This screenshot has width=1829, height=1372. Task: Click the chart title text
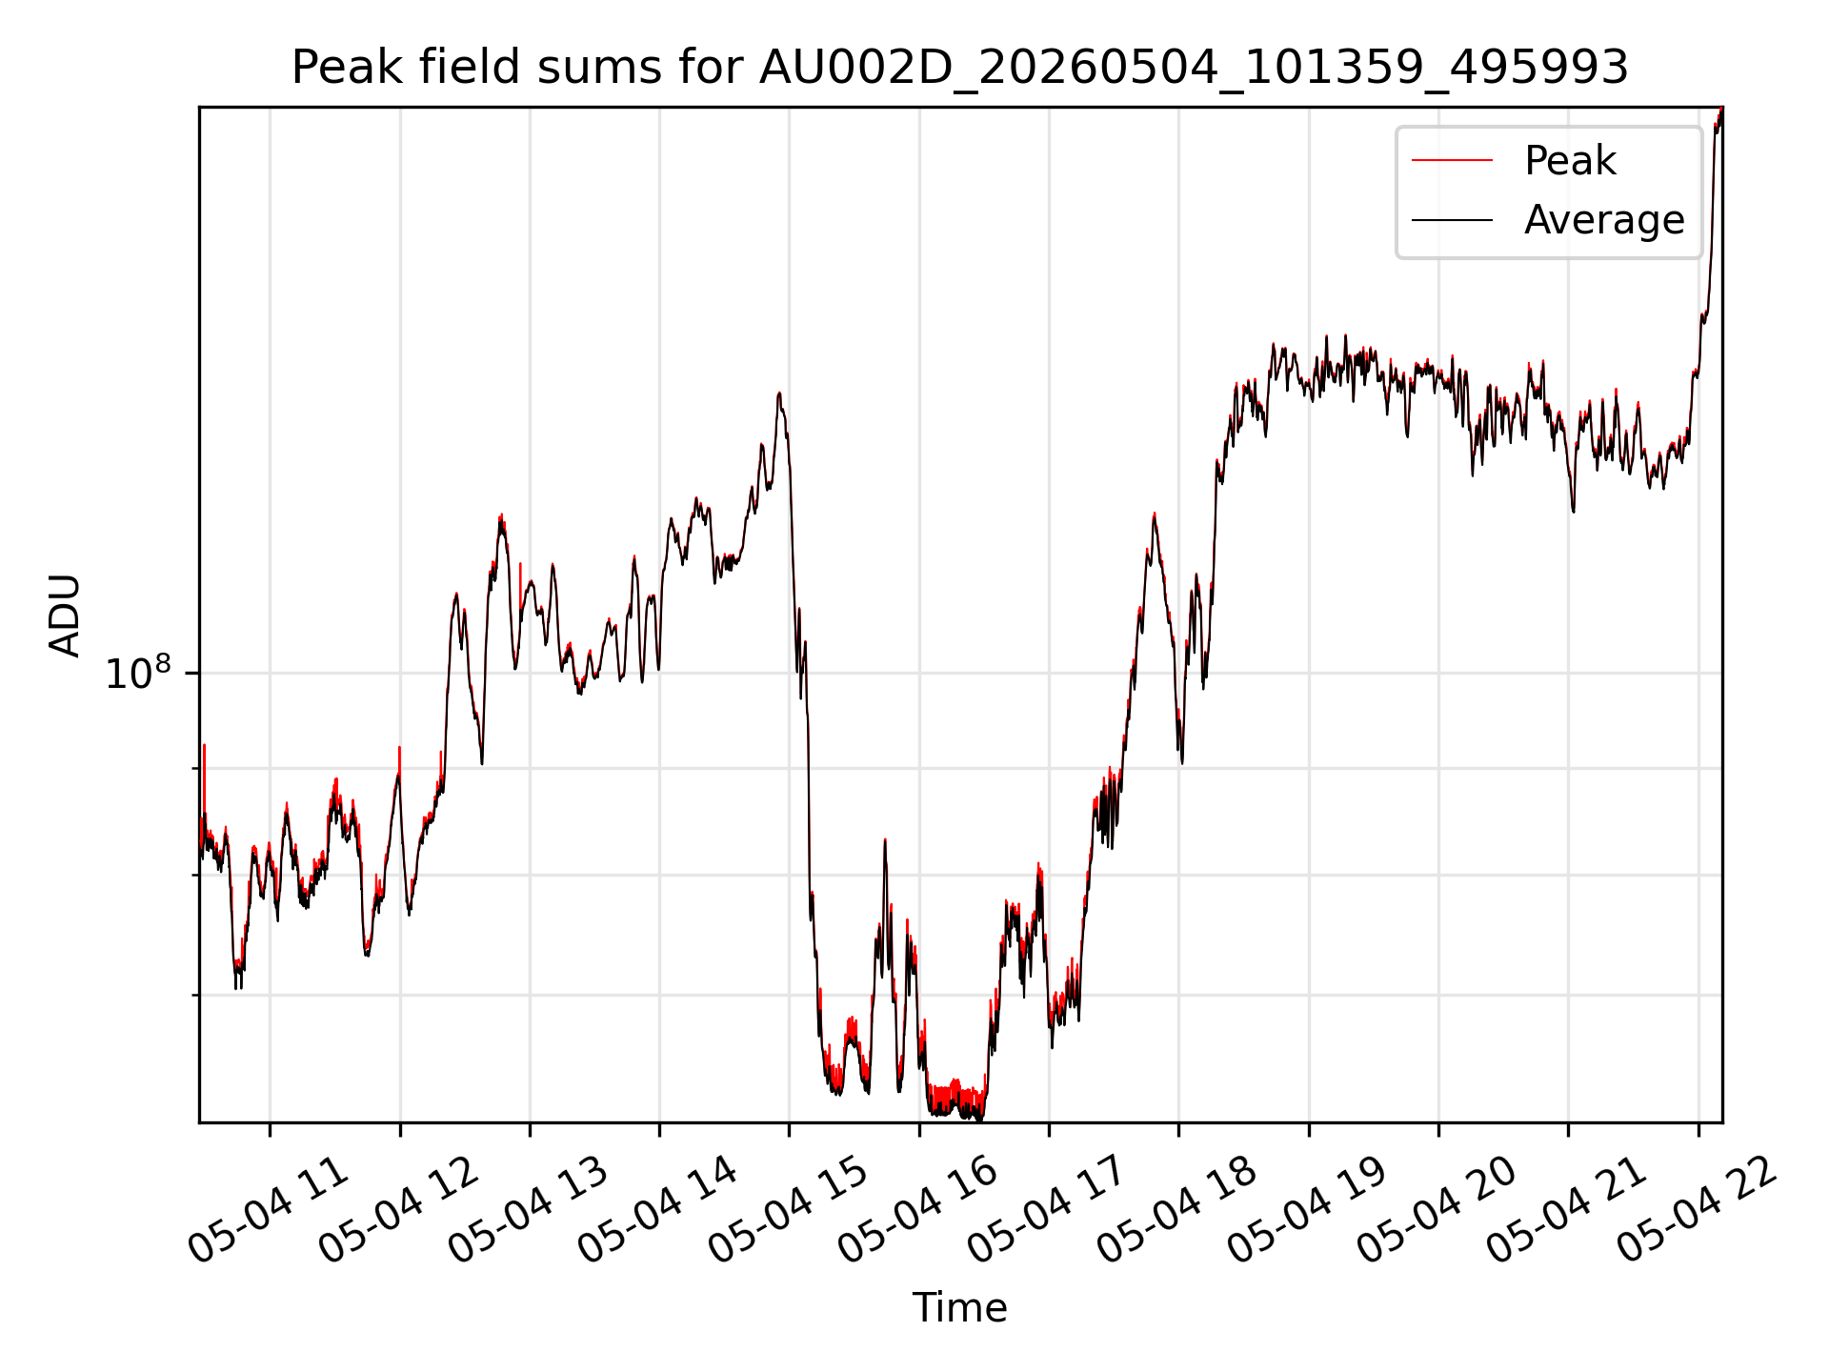pyautogui.click(x=959, y=68)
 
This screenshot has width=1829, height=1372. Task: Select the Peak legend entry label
pyautogui.click(x=1570, y=160)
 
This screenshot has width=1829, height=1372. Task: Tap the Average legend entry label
pyautogui.click(x=1604, y=220)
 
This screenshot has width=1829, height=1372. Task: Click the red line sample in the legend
pyautogui.click(x=1452, y=160)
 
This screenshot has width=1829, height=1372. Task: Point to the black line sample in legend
pyautogui.click(x=1452, y=220)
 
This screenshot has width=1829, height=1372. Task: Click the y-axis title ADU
pyautogui.click(x=66, y=615)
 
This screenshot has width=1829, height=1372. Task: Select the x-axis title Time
pyautogui.click(x=959, y=1307)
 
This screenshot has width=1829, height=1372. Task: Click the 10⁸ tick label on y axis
pyautogui.click(x=137, y=673)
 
